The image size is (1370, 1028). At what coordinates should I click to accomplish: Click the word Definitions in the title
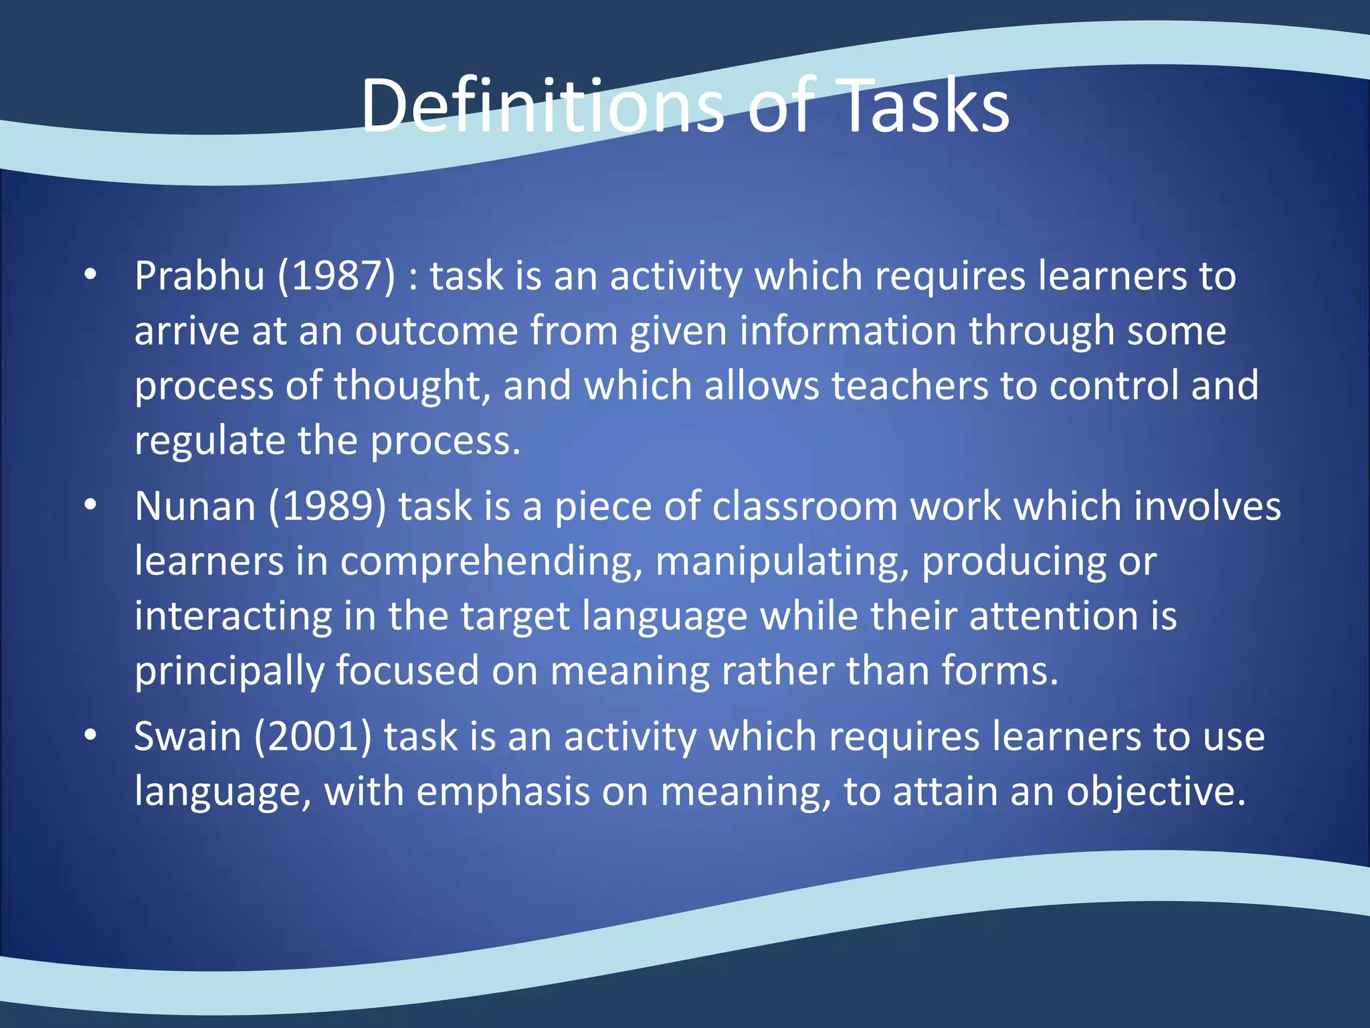[542, 106]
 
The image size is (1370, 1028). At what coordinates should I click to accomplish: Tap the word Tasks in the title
[924, 106]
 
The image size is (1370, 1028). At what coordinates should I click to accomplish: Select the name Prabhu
[199, 276]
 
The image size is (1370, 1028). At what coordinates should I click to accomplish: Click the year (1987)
[336, 276]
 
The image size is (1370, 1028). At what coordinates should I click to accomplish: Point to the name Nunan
[195, 506]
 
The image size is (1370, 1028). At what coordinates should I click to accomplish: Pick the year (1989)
[327, 506]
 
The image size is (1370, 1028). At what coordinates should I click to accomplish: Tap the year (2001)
[312, 736]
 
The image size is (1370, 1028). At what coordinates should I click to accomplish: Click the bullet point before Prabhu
[91, 274]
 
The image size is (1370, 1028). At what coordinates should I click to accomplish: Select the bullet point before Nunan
[91, 505]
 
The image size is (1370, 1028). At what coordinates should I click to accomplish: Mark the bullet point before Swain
[91, 735]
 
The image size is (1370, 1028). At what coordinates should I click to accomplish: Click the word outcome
[436, 331]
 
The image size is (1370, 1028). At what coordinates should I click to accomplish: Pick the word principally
[229, 671]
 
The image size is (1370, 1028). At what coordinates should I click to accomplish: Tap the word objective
[1155, 792]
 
